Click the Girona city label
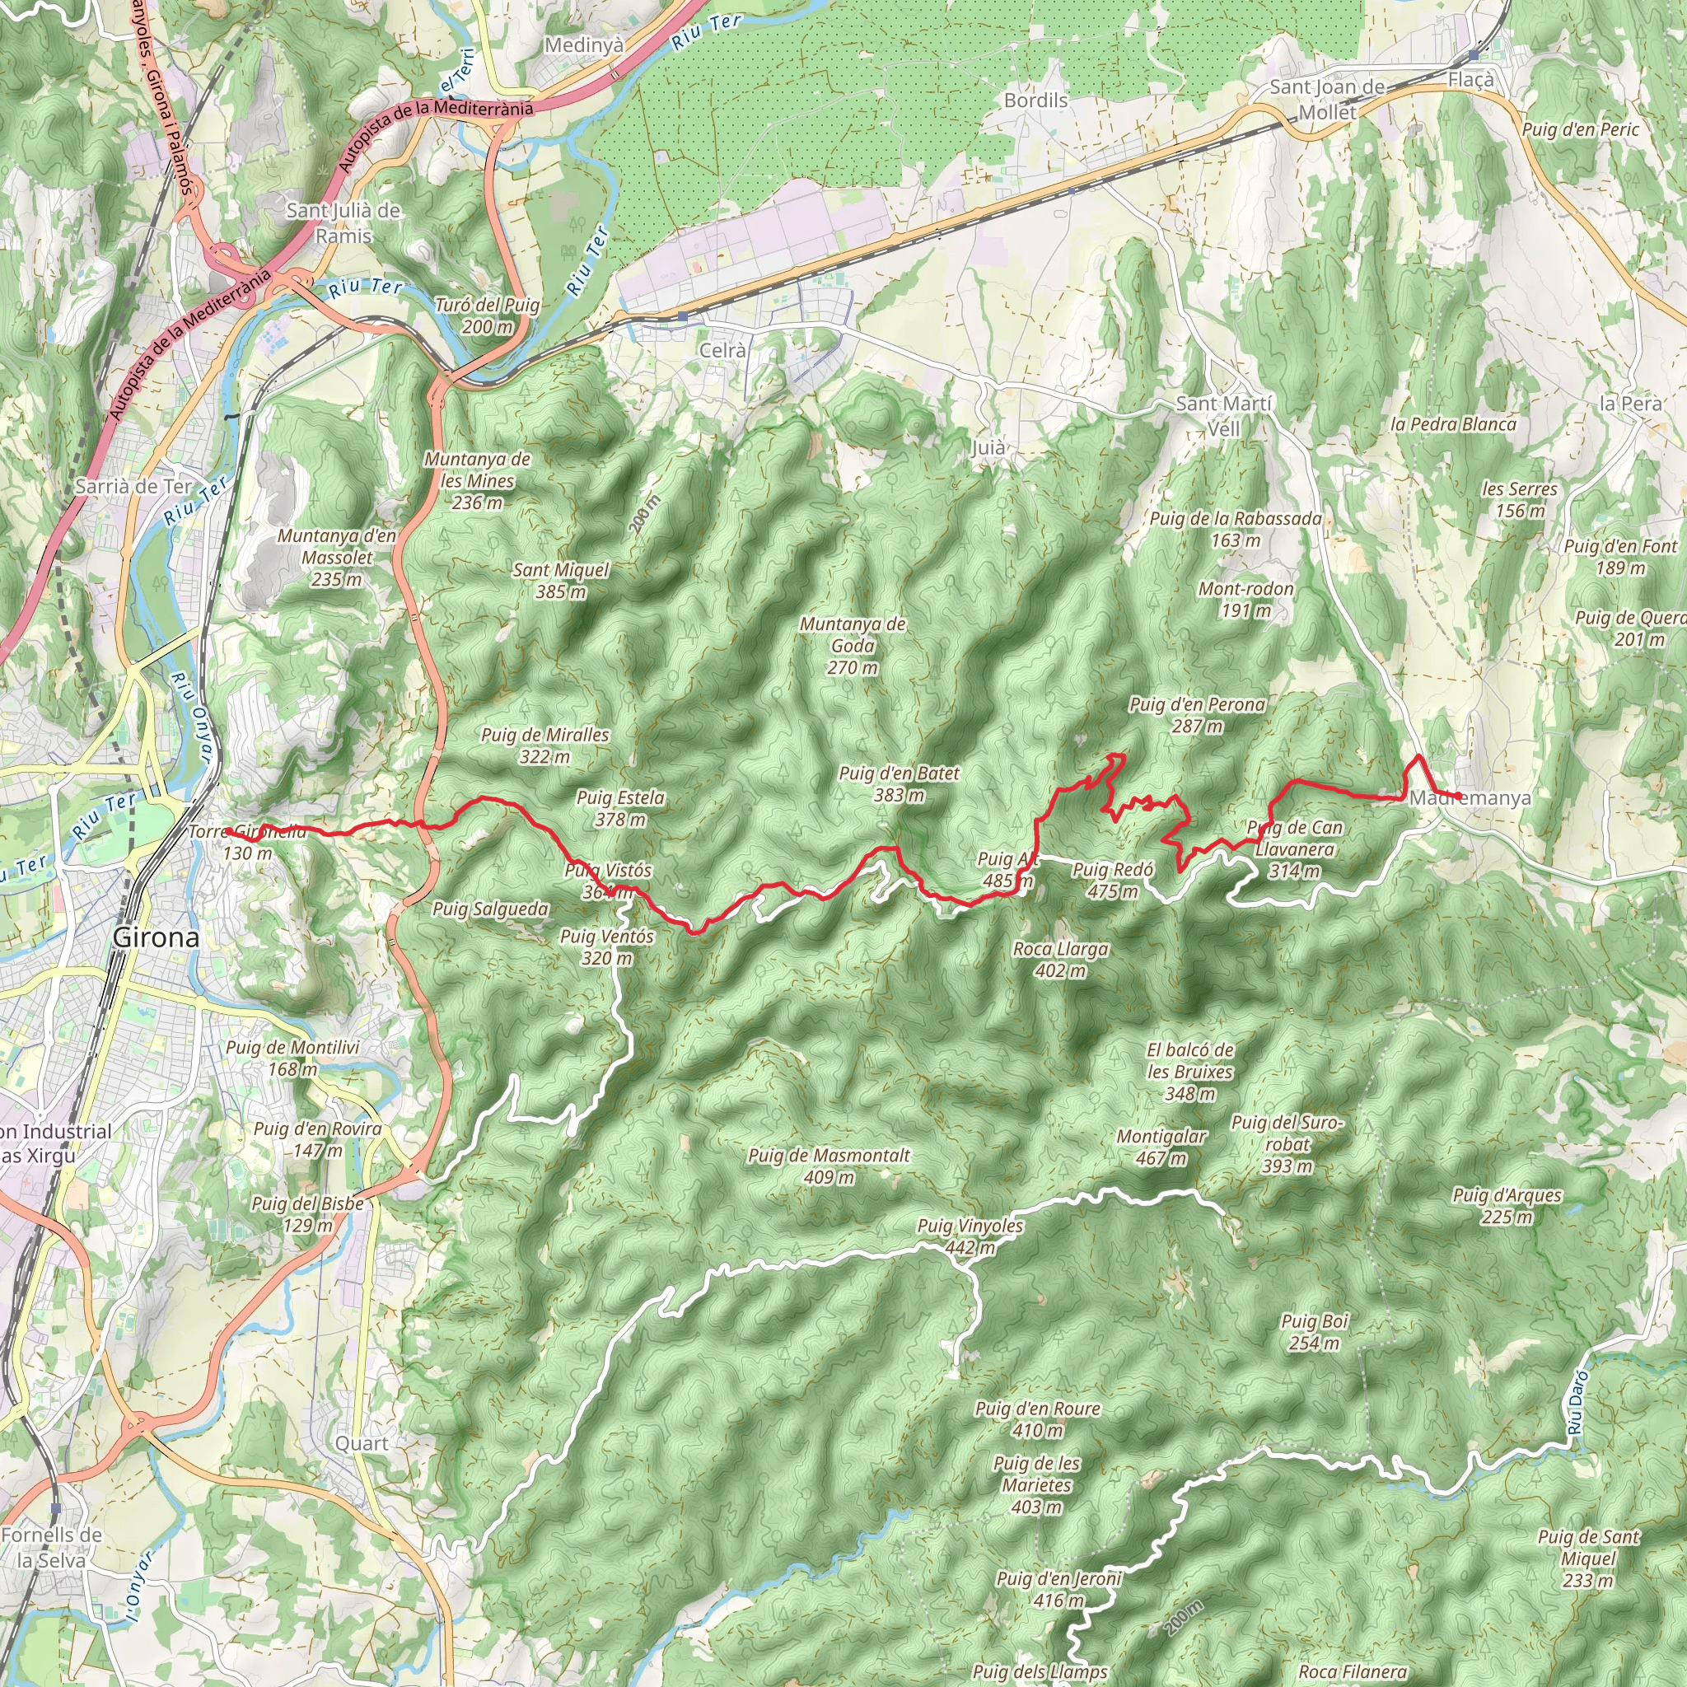click(157, 937)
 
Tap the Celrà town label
click(723, 350)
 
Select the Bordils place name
click(1035, 100)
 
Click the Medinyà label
click(583, 44)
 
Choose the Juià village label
click(988, 447)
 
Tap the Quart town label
click(362, 1443)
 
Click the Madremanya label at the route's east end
click(1470, 798)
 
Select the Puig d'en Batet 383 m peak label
click(899, 783)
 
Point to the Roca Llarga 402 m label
click(1060, 959)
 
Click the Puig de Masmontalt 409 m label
click(829, 1166)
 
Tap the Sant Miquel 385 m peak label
click(561, 580)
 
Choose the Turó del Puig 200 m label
click(488, 315)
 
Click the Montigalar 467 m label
click(1161, 1147)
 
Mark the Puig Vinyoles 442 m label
click(970, 1236)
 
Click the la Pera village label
click(1630, 404)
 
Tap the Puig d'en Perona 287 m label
click(1196, 714)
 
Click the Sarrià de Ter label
click(133, 486)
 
